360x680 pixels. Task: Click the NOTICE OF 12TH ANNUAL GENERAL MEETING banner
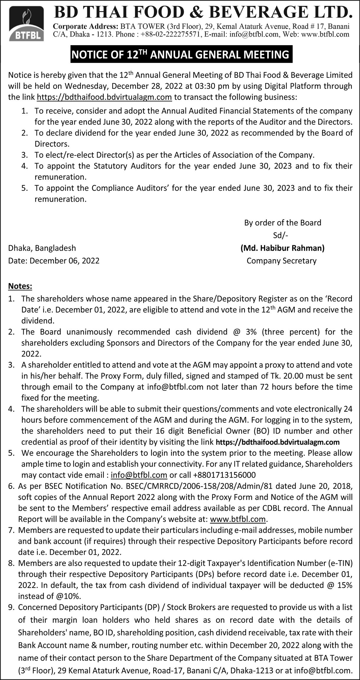pos(181,55)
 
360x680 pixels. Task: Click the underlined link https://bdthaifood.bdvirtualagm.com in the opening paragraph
pos(104,97)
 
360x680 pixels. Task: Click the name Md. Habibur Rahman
pos(283,248)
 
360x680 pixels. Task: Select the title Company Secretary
pos(281,261)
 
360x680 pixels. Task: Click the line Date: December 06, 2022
pos(54,261)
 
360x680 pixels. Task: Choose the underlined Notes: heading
pos(20,286)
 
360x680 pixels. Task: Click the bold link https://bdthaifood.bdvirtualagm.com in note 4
pos(278,442)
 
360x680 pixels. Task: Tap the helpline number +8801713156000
pos(224,475)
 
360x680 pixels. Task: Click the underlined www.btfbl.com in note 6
pos(237,519)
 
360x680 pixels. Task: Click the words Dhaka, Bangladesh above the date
pos(42,248)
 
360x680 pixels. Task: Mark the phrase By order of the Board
pos(283,223)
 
